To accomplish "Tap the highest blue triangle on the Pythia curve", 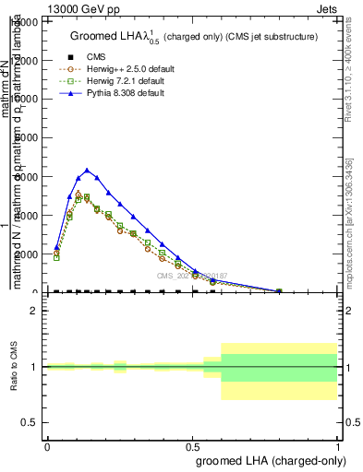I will (x=87, y=171).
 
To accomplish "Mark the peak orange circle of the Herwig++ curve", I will (x=79, y=194).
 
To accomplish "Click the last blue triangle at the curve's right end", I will (x=279, y=291).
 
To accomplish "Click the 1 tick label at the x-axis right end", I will (x=337, y=446).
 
